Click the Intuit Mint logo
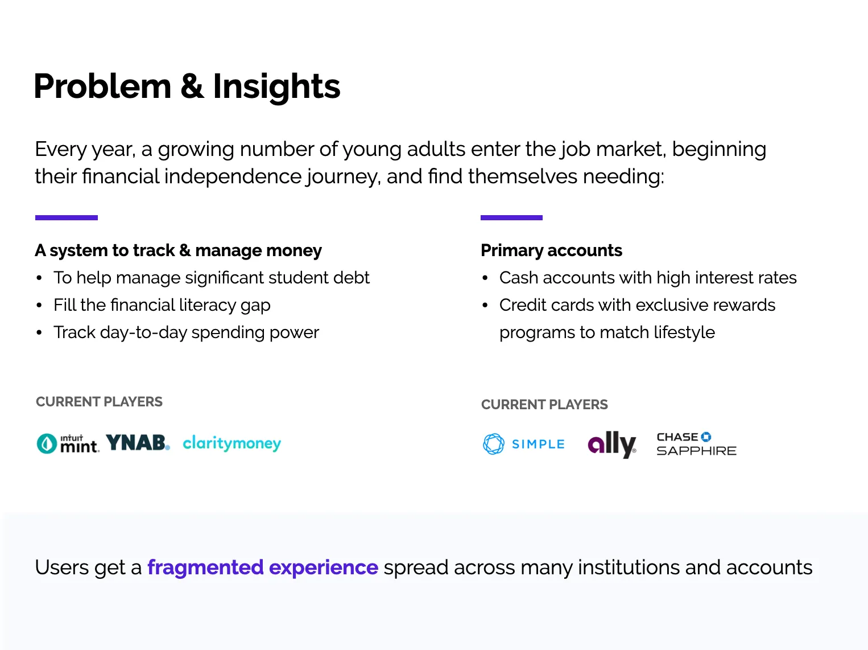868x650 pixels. (x=67, y=443)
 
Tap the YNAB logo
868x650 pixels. (x=138, y=442)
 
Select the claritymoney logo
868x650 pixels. (x=232, y=443)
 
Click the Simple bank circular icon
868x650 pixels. (x=494, y=444)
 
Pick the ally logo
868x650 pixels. (x=611, y=445)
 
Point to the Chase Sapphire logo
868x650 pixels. (x=696, y=444)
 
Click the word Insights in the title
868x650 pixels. (x=276, y=87)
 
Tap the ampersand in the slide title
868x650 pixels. (x=192, y=86)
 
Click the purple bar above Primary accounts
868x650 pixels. (x=511, y=217)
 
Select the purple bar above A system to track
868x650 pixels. (x=67, y=217)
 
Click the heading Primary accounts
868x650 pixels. (x=551, y=250)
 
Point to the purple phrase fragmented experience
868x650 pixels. (x=263, y=567)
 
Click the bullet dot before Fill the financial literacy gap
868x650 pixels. (x=39, y=306)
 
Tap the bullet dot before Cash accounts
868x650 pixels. (x=485, y=278)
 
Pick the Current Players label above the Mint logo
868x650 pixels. (x=99, y=402)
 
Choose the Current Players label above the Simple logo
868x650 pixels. (x=544, y=405)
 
